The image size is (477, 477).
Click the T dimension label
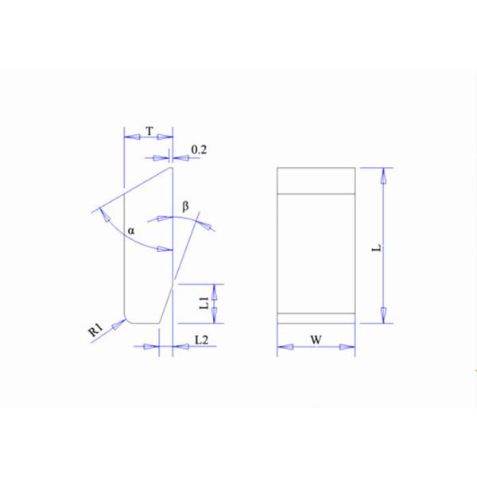coord(149,129)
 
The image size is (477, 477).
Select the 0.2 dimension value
coord(199,149)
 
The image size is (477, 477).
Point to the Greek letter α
coord(132,231)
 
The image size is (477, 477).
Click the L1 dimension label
coord(204,302)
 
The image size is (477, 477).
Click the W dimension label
coord(315,339)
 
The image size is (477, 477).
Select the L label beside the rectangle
coord(378,247)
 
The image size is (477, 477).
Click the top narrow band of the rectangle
coord(316,180)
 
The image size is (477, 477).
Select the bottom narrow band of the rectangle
coord(316,317)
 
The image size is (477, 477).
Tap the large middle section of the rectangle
coord(316,250)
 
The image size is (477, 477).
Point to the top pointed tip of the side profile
coord(171,167)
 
